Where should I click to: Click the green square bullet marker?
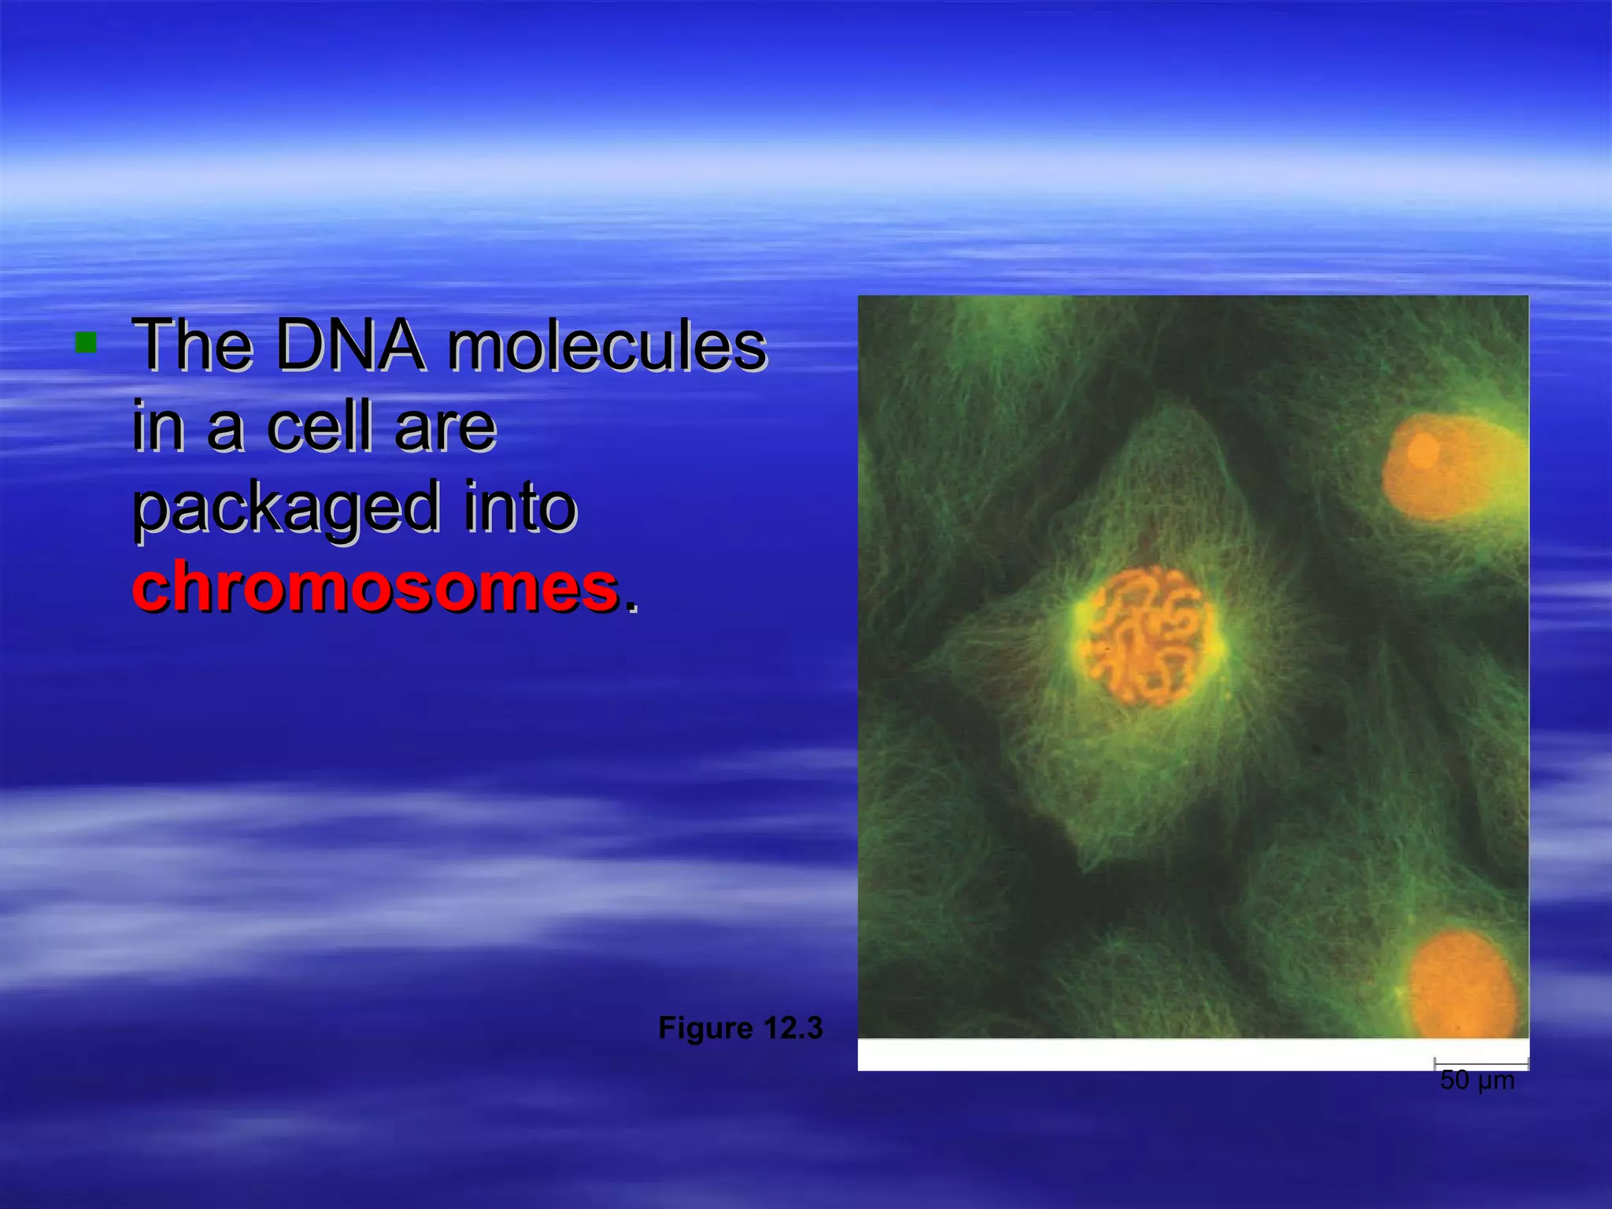85,342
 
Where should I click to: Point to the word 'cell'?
318,427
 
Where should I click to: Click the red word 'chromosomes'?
375,587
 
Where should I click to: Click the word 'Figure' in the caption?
705,1028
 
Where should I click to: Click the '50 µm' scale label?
1477,1081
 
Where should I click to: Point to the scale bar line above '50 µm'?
1481,1063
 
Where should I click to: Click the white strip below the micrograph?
1141,1055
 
